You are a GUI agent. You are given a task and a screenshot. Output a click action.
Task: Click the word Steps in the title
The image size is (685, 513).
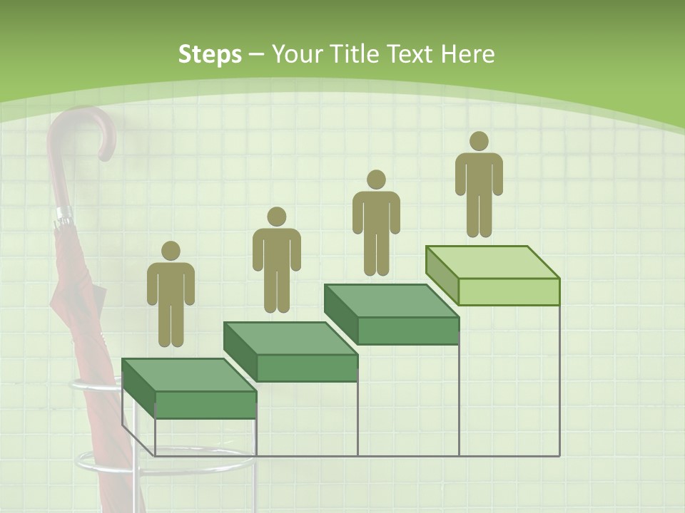(210, 54)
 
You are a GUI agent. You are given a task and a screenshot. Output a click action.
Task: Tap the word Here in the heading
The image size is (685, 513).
(467, 54)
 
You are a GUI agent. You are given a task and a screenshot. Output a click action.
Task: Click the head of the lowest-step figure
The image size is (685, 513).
(171, 251)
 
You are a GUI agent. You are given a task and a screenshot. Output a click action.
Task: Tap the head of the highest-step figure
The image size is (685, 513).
(479, 141)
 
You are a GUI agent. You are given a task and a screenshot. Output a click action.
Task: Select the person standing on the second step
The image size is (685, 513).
(276, 260)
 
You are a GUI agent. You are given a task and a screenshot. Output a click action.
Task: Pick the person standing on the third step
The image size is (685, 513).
(376, 222)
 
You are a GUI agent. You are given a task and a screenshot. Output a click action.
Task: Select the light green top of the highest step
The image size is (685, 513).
(492, 262)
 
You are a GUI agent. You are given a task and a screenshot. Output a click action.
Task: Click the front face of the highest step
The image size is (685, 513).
(509, 291)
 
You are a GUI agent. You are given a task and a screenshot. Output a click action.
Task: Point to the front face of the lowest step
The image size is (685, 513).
(205, 405)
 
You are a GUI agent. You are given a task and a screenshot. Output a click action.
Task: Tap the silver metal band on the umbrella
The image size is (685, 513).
(64, 214)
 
